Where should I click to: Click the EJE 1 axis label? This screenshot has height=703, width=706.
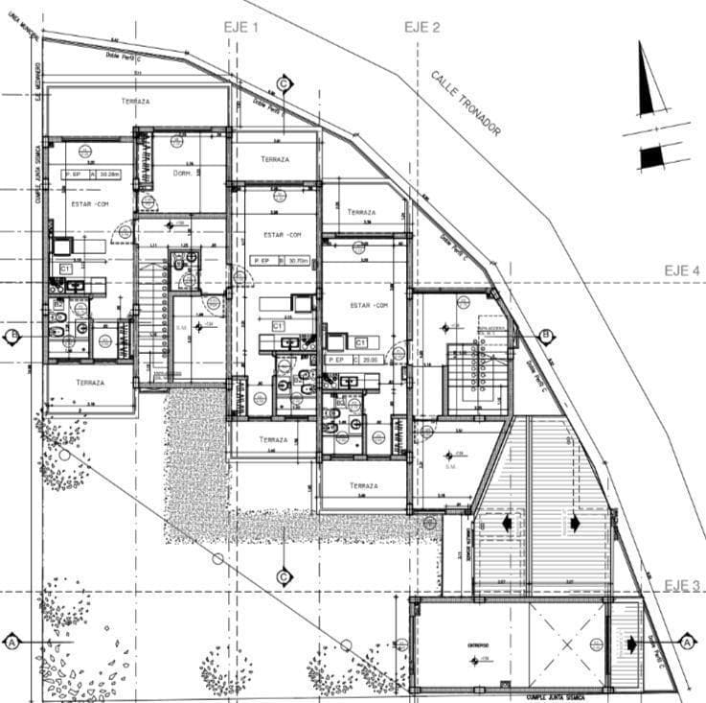pos(241,28)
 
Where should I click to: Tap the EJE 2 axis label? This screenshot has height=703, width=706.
pos(421,27)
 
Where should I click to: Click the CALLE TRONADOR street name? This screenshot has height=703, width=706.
pos(466,104)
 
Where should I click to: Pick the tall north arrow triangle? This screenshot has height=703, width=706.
pos(649,81)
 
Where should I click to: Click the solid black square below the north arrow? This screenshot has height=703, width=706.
pos(651,156)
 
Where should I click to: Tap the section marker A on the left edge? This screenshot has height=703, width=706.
pos(12,640)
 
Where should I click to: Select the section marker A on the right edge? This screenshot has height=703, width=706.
pos(687,640)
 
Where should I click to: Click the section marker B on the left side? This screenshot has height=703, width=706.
pos(12,337)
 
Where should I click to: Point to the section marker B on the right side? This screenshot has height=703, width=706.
pos(545,336)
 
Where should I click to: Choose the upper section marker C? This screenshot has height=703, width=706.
pos(284,83)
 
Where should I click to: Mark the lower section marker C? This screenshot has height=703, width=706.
pos(284,576)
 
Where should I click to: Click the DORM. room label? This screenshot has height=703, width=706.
pos(186,174)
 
